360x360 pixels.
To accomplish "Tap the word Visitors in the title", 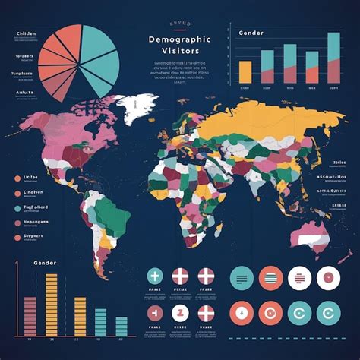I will [x=179, y=52].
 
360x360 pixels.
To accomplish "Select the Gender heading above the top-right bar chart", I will [x=251, y=33].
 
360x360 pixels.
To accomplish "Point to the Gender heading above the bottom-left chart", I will [x=45, y=262].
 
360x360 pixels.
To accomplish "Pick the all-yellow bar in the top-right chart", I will [x=245, y=71].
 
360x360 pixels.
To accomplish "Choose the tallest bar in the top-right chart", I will [x=333, y=57].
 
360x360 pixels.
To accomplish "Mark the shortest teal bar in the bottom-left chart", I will [x=122, y=326].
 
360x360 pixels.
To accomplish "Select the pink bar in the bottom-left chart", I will [x=30, y=315].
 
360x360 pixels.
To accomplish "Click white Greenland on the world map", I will [x=142, y=109].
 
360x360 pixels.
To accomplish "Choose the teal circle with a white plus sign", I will [x=155, y=276].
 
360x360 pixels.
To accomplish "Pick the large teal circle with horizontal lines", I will [x=242, y=278].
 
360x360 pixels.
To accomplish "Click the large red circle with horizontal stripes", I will [x=271, y=278].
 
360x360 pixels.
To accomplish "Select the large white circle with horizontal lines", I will [x=300, y=278].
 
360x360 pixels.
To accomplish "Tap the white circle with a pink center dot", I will [x=328, y=278].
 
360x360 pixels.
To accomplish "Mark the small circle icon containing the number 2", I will [x=180, y=312].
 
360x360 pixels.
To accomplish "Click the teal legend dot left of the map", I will [x=17, y=193].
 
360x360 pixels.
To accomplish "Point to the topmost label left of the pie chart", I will [x=24, y=34].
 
